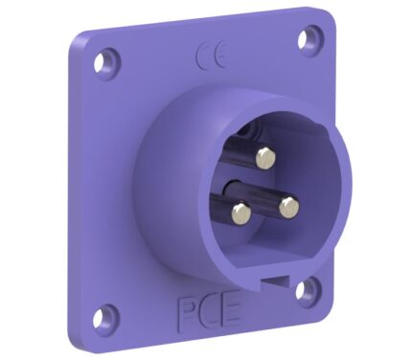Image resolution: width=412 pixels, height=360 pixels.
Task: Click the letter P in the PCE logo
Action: [187, 313]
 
